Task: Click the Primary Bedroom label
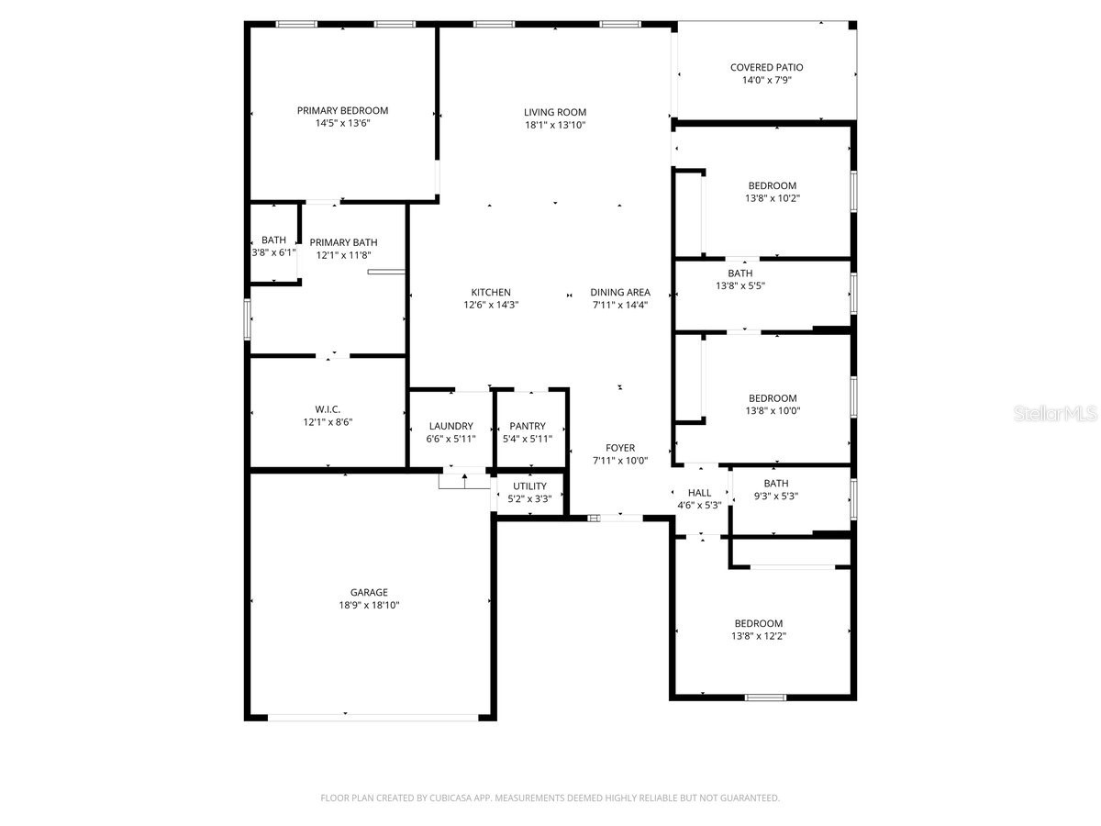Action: point(342,110)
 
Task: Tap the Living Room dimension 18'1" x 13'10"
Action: point(555,125)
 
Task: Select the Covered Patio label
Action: point(766,67)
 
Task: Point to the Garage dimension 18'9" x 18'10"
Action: point(369,605)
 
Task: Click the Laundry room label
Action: point(450,426)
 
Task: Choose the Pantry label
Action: point(528,426)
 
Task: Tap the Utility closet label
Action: point(529,486)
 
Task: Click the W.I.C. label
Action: point(328,409)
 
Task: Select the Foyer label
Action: point(620,448)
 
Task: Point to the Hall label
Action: point(699,493)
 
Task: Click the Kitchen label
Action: point(492,293)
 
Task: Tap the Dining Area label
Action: point(620,293)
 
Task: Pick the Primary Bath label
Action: point(343,242)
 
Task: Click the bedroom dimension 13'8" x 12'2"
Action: point(758,636)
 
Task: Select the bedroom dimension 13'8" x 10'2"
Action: point(772,198)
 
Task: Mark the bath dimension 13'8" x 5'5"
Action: point(740,285)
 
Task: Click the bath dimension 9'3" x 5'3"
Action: point(776,497)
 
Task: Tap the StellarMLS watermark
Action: point(1054,415)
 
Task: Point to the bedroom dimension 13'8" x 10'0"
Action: point(772,410)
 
